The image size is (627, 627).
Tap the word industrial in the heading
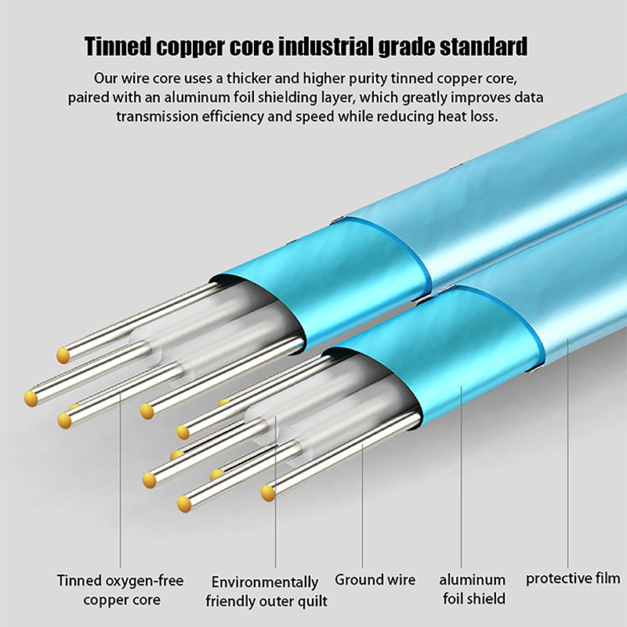click(336, 46)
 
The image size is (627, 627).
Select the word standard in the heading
click(484, 46)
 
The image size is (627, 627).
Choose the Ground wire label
click(375, 581)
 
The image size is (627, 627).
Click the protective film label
click(573, 579)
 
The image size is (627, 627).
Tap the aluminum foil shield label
click(472, 589)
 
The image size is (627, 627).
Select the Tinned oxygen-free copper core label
click(120, 590)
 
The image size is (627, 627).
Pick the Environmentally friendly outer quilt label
click(266, 592)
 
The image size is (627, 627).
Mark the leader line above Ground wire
click(362, 502)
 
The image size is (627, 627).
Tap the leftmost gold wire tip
click(31, 398)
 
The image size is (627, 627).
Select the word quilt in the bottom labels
click(311, 602)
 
